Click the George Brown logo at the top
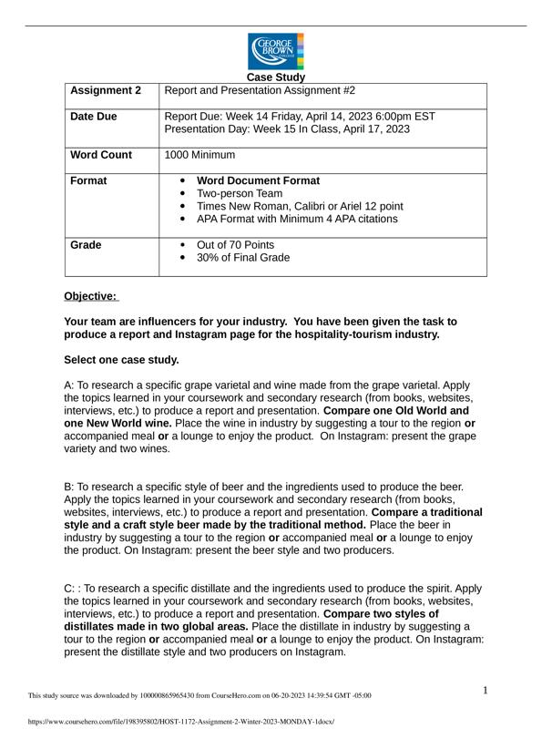[x=276, y=51]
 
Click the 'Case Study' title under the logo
[x=276, y=77]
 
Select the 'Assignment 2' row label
[x=106, y=91]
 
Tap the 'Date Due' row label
[x=94, y=117]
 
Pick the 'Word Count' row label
[x=101, y=155]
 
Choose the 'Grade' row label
[x=87, y=245]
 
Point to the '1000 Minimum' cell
[x=199, y=155]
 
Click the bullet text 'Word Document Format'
[x=258, y=180]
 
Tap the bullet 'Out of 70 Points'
[x=235, y=245]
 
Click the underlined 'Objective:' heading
[x=90, y=296]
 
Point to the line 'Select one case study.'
[x=121, y=360]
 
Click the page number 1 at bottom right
[x=486, y=690]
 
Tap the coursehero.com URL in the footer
[x=181, y=721]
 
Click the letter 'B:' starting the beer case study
[x=71, y=488]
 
